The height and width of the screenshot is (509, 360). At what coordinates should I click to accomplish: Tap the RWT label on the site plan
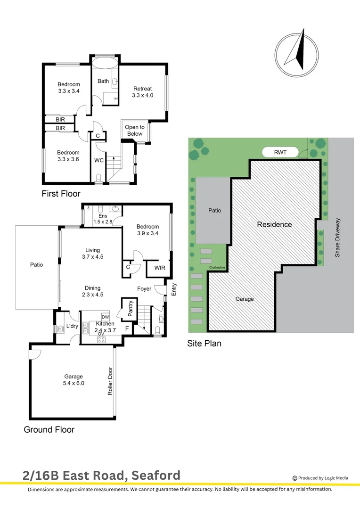pyautogui.click(x=280, y=152)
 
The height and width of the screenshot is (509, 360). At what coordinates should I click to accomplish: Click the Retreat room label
pyautogui.click(x=142, y=89)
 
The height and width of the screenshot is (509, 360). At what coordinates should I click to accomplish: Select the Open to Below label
pyautogui.click(x=135, y=131)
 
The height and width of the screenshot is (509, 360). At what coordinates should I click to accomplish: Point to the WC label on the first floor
pyautogui.click(x=98, y=160)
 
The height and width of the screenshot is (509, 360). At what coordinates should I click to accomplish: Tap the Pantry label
pyautogui.click(x=131, y=308)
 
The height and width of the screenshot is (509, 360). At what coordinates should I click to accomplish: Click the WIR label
pyautogui.click(x=160, y=268)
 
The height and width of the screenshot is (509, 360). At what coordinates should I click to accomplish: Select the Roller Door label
pyautogui.click(x=110, y=381)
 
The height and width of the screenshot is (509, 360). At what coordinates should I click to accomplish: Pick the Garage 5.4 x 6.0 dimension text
pyautogui.click(x=74, y=383)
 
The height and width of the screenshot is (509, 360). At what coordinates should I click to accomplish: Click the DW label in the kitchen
pyautogui.click(x=105, y=317)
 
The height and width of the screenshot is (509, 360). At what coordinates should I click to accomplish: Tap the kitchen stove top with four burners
pyautogui.click(x=101, y=340)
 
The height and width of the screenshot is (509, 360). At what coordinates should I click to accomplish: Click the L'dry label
pyautogui.click(x=72, y=326)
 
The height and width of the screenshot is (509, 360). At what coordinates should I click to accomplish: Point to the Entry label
pyautogui.click(x=174, y=289)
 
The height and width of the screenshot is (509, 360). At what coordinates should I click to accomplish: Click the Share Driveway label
pyautogui.click(x=337, y=238)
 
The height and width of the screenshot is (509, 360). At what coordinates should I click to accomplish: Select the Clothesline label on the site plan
pyautogui.click(x=217, y=268)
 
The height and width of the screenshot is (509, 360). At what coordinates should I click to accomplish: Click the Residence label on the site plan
pyautogui.click(x=274, y=224)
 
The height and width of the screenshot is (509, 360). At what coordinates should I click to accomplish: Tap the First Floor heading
pyautogui.click(x=61, y=194)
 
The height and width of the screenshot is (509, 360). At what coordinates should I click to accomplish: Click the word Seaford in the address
pyautogui.click(x=156, y=476)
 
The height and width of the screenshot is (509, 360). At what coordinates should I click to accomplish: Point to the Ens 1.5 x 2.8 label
pyautogui.click(x=103, y=219)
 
